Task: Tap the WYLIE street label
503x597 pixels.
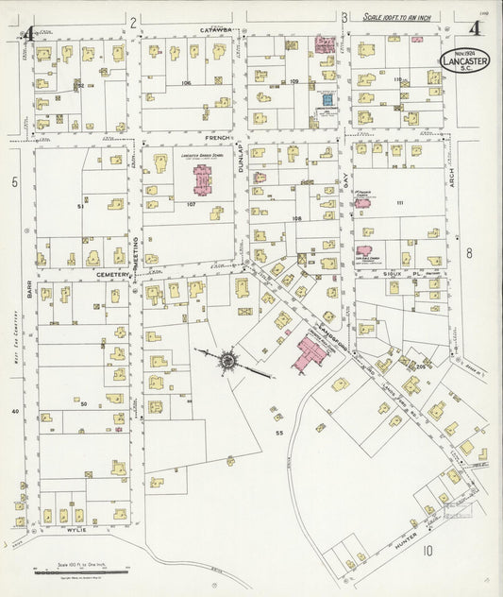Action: (x=76, y=531)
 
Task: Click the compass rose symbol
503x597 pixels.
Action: (x=227, y=360)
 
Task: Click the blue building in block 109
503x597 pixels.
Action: (x=326, y=98)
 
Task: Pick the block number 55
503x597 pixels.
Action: (x=279, y=432)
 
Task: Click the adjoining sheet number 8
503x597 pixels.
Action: (x=468, y=252)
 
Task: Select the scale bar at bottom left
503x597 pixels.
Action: (x=79, y=571)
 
